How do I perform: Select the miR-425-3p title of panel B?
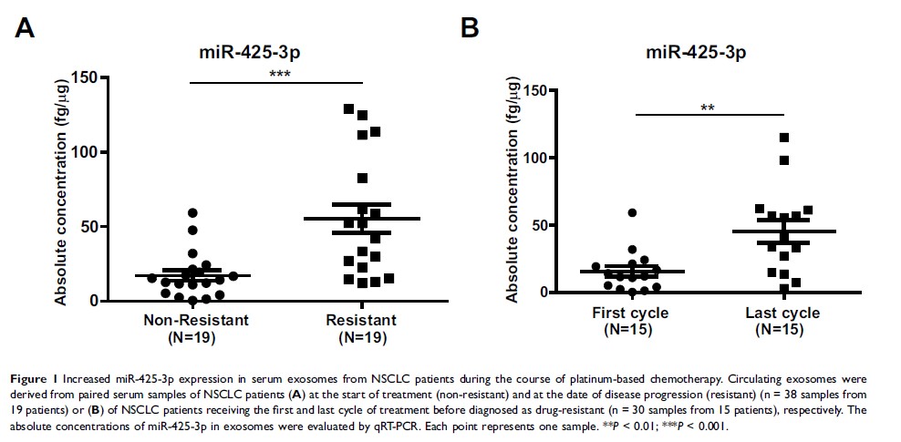click(696, 52)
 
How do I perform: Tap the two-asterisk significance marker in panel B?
click(708, 108)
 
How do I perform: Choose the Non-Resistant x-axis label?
click(196, 321)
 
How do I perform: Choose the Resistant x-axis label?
click(361, 321)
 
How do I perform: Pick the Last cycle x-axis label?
click(782, 314)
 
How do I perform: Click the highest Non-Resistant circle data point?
click(192, 213)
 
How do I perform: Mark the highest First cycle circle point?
click(632, 213)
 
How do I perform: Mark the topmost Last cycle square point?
click(783, 138)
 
